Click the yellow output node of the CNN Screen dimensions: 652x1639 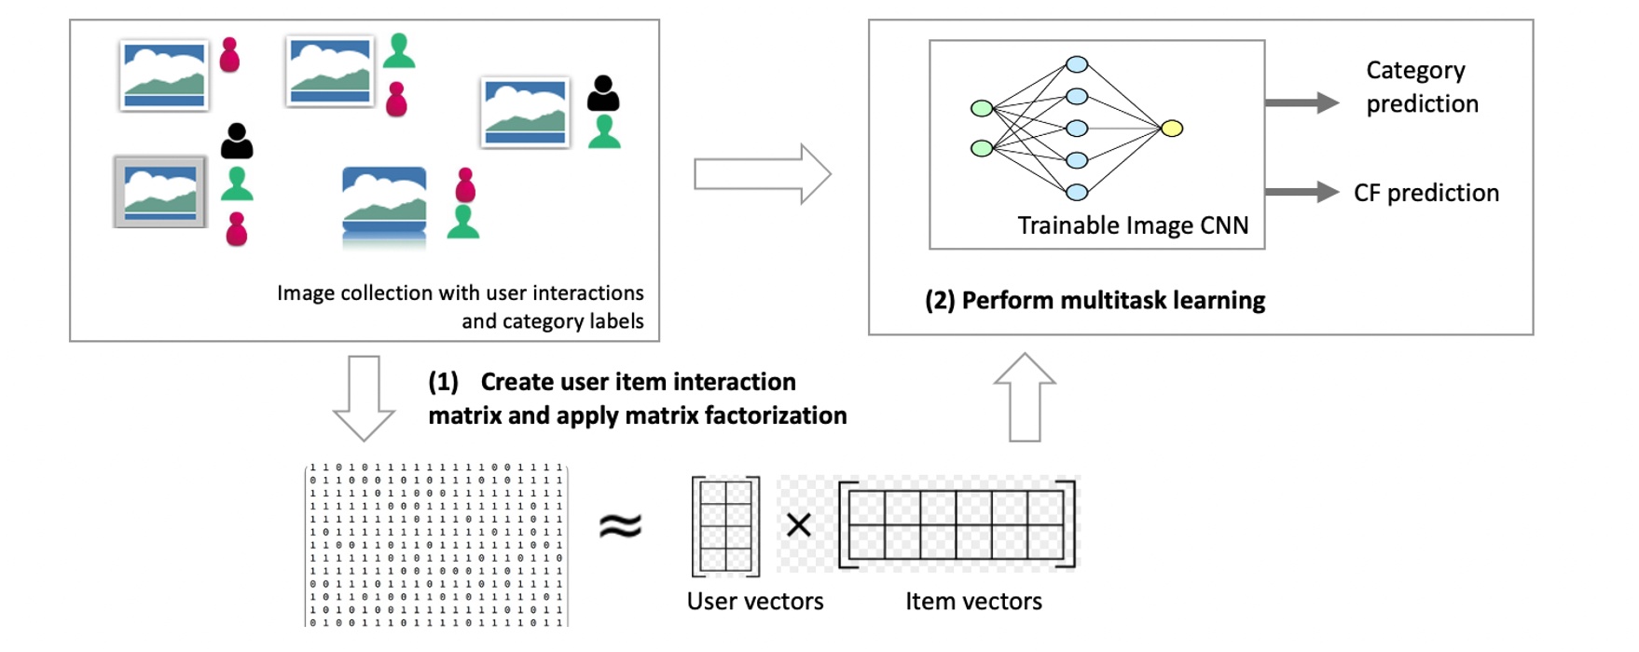pyautogui.click(x=1172, y=129)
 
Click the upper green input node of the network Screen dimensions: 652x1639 pyautogui.click(x=982, y=108)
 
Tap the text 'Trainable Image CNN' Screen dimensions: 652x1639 pyautogui.click(x=1132, y=225)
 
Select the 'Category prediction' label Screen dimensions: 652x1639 pyautogui.click(x=1421, y=87)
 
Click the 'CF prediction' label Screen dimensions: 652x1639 pyautogui.click(x=1426, y=193)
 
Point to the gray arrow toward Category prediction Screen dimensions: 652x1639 pyautogui.click(x=1302, y=102)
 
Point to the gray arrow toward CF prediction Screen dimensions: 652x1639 pyautogui.click(x=1302, y=192)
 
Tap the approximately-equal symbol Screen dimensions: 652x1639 pyautogui.click(x=620, y=526)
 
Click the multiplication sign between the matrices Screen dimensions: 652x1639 pyautogui.click(x=798, y=525)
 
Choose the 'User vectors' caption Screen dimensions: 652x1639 pyautogui.click(x=754, y=602)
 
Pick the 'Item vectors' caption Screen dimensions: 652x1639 pyautogui.click(x=973, y=602)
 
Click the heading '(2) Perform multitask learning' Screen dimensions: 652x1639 pyautogui.click(x=1095, y=301)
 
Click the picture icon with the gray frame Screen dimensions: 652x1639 pyautogui.click(x=159, y=192)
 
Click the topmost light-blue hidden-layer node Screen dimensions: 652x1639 pyautogui.click(x=1077, y=64)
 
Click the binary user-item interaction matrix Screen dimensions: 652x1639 pyautogui.click(x=436, y=545)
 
